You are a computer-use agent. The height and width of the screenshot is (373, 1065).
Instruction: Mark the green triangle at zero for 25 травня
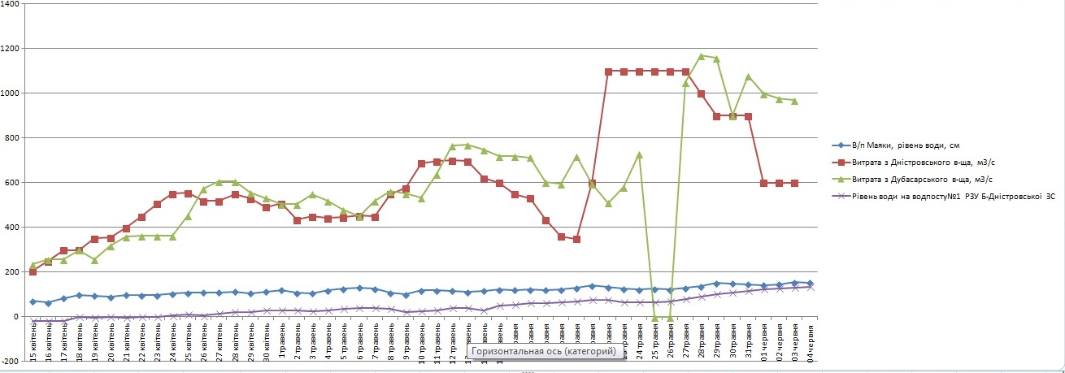coord(654,317)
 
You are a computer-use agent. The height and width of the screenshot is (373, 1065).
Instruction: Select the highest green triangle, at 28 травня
coord(701,56)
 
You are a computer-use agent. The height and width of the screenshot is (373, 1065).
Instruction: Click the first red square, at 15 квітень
coord(33,271)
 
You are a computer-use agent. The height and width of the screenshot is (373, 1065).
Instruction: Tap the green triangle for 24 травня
coord(639,154)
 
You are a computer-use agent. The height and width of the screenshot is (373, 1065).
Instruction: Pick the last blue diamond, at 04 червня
coord(810,284)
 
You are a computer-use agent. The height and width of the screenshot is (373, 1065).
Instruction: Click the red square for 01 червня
coord(763,183)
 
